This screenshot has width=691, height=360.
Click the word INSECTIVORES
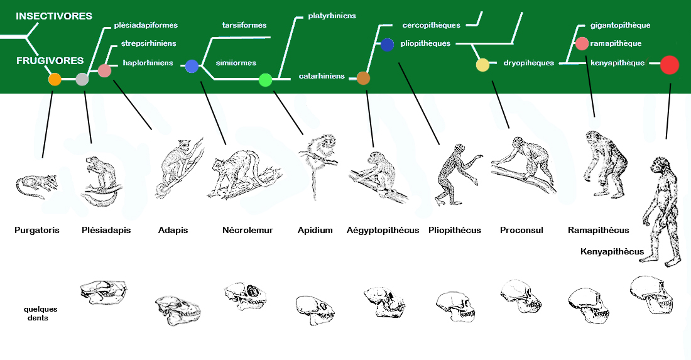tap(54, 16)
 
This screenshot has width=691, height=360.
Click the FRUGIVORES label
tap(50, 61)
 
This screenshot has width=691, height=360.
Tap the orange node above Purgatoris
tap(55, 79)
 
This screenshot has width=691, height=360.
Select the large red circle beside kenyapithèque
tap(670, 65)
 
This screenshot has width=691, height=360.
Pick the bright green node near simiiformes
tap(265, 80)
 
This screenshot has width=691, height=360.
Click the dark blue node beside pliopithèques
tap(387, 45)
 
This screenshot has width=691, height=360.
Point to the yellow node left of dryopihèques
tap(482, 64)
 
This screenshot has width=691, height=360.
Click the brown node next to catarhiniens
tap(363, 78)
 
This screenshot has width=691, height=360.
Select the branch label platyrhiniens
tap(332, 15)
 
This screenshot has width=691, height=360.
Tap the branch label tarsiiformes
tap(244, 25)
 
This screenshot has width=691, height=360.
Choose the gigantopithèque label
tap(620, 25)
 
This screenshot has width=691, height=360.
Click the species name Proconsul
tap(521, 230)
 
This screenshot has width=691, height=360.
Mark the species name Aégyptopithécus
tap(383, 230)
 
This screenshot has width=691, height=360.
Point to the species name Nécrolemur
tap(248, 230)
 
